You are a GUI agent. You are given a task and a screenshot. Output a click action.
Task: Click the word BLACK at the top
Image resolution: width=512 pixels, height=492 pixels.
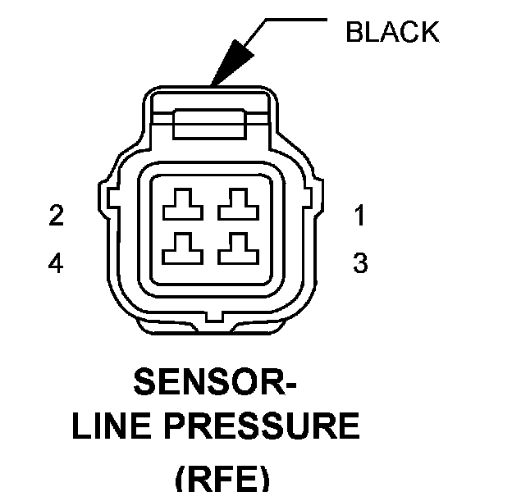point(392,32)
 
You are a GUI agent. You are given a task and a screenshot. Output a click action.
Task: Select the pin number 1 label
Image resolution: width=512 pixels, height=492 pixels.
point(359,216)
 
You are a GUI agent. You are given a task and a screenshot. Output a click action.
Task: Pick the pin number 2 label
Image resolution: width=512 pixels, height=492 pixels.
point(56,216)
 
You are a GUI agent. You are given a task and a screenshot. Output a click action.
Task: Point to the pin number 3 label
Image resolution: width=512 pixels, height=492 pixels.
point(359,263)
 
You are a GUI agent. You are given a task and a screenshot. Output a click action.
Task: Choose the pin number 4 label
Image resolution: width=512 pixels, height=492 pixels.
point(56,263)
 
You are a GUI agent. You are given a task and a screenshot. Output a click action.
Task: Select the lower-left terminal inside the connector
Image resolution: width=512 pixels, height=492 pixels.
point(181,249)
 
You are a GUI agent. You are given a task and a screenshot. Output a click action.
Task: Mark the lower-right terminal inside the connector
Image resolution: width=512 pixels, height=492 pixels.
point(236,249)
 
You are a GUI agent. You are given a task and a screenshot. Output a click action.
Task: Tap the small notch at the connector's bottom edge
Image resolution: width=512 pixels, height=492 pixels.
point(213,316)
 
